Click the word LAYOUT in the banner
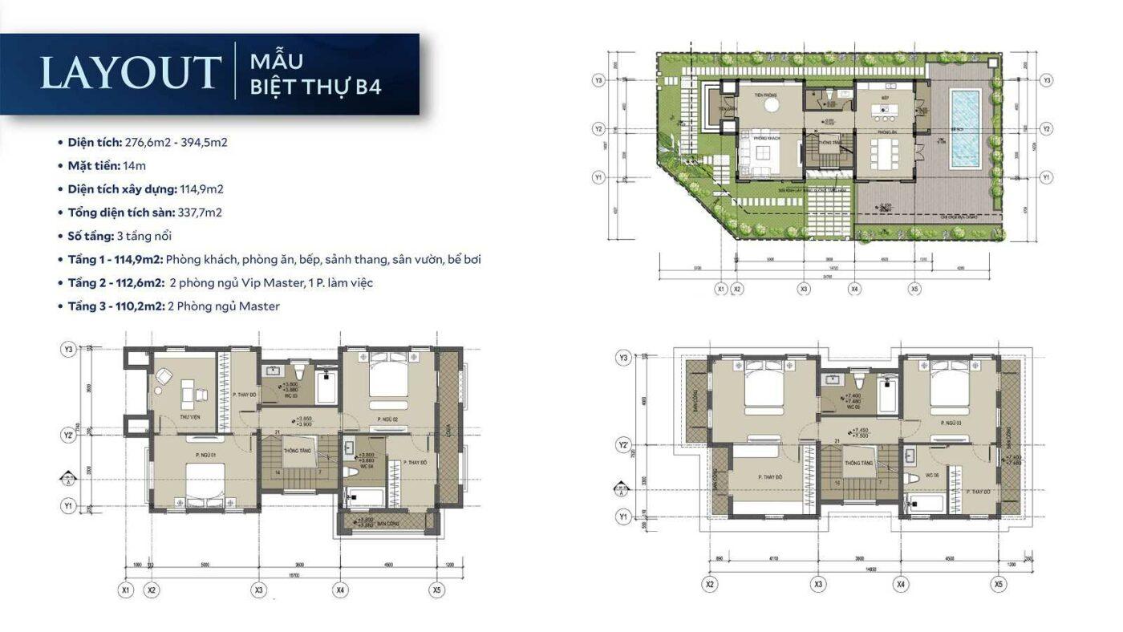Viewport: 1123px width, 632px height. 130,72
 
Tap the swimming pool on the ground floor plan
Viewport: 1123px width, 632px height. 965,128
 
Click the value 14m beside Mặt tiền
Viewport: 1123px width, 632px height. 134,166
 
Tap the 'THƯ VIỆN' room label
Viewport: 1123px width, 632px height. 189,418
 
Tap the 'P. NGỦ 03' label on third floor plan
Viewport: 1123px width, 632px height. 950,421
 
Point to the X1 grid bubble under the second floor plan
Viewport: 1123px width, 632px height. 125,589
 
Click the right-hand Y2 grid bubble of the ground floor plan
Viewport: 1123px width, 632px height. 1047,128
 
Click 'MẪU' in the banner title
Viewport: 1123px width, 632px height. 276,61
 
